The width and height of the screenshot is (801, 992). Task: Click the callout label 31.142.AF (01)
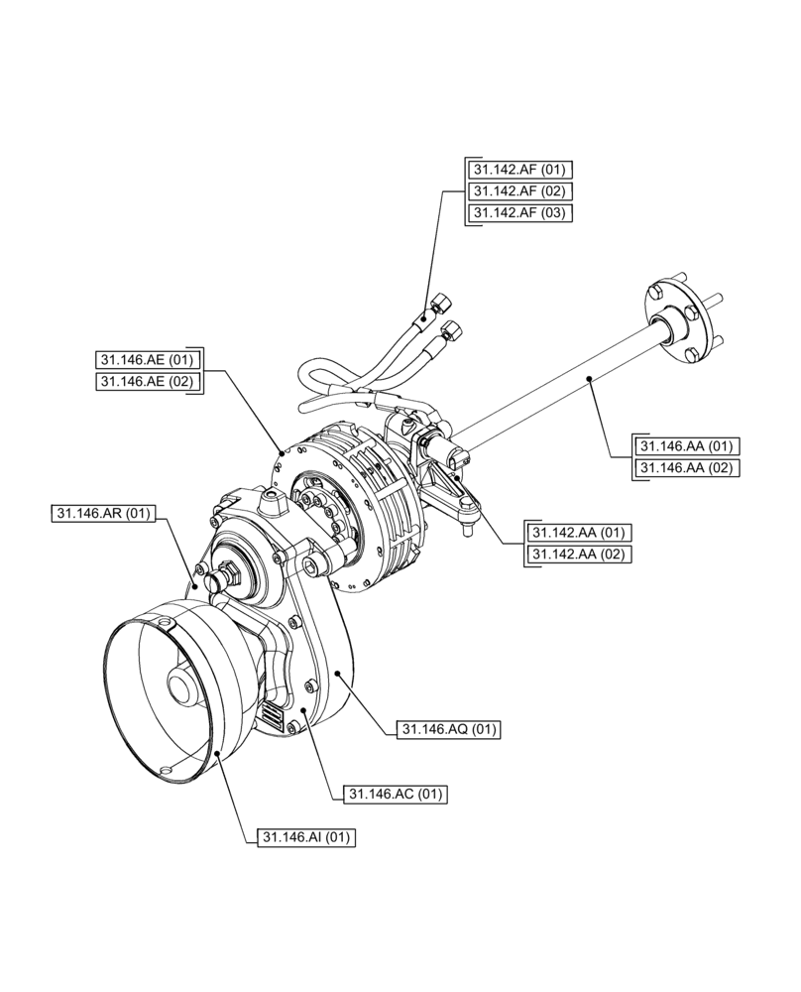point(520,169)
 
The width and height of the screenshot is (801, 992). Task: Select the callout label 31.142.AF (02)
point(520,190)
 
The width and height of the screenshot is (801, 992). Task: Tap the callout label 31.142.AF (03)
point(520,212)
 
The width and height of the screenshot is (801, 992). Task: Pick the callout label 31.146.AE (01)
point(149,359)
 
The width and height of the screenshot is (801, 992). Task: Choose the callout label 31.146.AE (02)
point(149,381)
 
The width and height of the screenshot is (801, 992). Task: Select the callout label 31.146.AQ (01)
point(449,730)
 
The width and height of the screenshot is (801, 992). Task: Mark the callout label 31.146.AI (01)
point(306,837)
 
